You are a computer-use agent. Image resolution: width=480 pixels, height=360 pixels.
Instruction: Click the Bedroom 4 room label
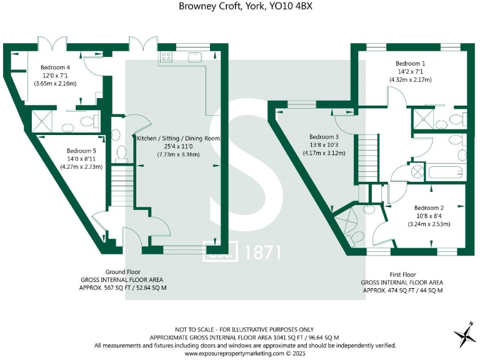point(55,67)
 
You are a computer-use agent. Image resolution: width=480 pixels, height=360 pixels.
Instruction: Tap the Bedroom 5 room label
point(81,151)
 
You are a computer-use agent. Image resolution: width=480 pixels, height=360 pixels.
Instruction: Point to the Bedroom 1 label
point(411,63)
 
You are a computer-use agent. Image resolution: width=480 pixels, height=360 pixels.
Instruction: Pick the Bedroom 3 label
point(324,137)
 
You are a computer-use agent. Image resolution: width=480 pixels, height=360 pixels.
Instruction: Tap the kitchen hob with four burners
point(166,57)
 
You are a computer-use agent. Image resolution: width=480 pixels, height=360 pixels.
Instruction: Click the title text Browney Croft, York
point(240,6)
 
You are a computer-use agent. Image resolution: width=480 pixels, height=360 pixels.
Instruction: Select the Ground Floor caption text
point(122,272)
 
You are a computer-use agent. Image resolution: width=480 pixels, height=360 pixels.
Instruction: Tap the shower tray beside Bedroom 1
point(421,119)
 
